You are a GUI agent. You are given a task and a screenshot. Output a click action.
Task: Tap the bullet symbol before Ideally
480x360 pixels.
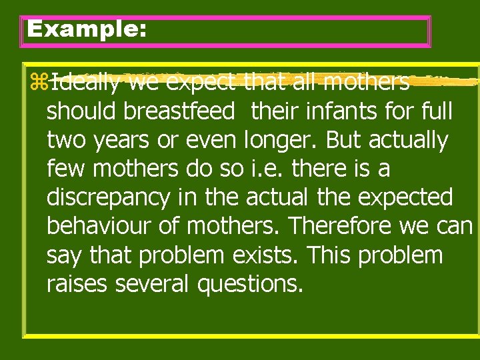[38, 83]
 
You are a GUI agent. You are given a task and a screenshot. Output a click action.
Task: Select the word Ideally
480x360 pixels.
[86, 83]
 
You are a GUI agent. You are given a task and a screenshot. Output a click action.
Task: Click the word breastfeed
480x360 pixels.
[176, 111]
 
